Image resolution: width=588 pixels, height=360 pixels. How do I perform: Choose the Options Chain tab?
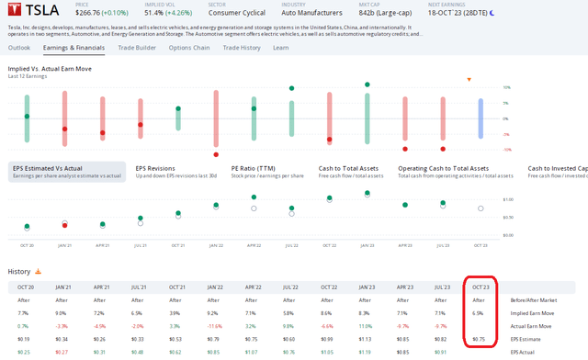(x=190, y=47)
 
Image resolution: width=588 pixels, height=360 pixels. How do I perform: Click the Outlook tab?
(x=19, y=47)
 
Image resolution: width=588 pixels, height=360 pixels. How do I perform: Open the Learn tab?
(x=281, y=47)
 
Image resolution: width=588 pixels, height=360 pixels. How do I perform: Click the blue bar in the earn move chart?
(x=480, y=118)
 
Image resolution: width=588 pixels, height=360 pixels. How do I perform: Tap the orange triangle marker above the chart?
(x=469, y=80)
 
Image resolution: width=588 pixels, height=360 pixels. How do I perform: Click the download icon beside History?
(x=39, y=272)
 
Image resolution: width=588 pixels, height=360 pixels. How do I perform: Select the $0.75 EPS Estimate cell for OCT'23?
(x=479, y=338)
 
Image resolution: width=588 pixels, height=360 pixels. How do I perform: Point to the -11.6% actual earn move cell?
(x=215, y=325)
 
